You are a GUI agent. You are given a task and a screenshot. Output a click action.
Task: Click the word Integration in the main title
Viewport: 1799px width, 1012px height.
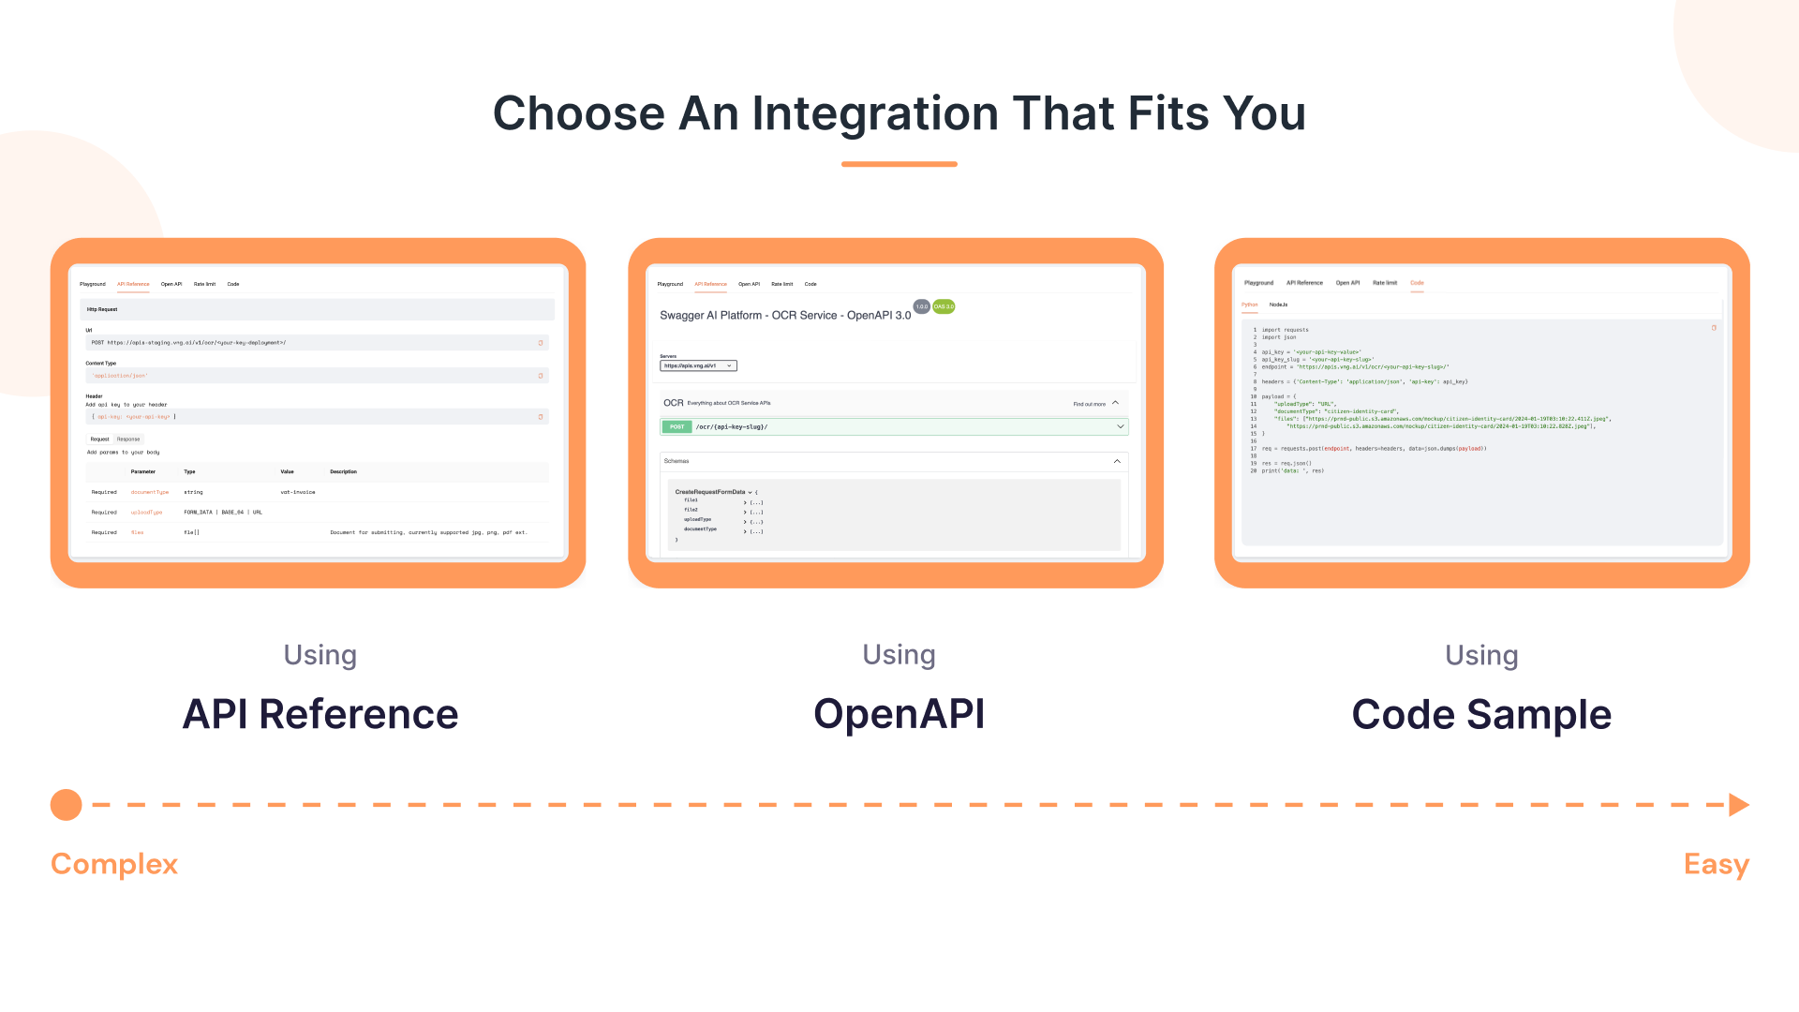[875, 113]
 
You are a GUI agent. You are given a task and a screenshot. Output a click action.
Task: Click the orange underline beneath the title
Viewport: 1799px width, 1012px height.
[899, 164]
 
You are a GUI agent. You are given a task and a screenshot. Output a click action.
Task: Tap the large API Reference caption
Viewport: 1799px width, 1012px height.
[320, 714]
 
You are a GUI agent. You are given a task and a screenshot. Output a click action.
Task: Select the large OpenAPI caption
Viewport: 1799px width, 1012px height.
[899, 714]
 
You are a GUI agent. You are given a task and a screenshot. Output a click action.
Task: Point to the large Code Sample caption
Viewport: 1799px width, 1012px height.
[1481, 715]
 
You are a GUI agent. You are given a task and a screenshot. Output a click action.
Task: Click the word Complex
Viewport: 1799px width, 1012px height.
[114, 864]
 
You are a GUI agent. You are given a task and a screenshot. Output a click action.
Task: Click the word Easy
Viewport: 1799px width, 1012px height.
[1716, 864]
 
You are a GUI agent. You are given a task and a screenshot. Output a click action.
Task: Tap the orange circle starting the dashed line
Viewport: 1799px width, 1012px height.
[67, 805]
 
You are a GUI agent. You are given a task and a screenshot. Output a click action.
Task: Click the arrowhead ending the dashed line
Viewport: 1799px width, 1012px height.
[1738, 805]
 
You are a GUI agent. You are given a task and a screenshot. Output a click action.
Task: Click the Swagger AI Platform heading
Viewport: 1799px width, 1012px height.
[785, 316]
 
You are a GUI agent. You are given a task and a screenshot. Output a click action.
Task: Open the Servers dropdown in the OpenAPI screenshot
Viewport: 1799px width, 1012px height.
[698, 366]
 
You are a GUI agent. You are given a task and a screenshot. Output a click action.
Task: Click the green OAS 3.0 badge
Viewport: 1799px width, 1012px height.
[944, 306]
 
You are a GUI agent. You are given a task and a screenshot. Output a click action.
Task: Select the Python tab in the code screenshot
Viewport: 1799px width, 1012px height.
[1250, 305]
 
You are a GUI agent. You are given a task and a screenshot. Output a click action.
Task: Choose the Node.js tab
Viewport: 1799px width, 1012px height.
[1278, 305]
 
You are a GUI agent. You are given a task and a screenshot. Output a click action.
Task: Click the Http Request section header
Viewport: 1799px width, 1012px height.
[102, 309]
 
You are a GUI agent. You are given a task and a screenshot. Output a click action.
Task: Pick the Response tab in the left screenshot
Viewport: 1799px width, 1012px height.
[128, 439]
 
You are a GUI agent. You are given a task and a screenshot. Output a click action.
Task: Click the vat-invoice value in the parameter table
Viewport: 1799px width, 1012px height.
[298, 492]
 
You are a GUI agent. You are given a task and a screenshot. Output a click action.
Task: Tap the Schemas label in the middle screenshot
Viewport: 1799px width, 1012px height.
[676, 461]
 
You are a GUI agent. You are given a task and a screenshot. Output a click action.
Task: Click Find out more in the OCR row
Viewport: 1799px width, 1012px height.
[1089, 404]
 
